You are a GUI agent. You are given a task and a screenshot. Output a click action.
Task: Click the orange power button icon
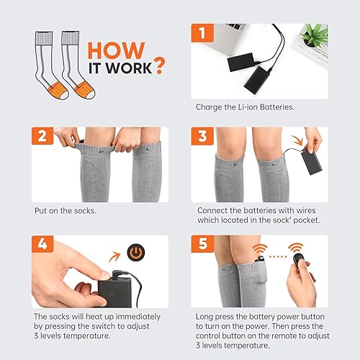pyautogui.click(x=135, y=254)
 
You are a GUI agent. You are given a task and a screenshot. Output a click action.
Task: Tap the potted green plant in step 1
pyautogui.click(x=315, y=35)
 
